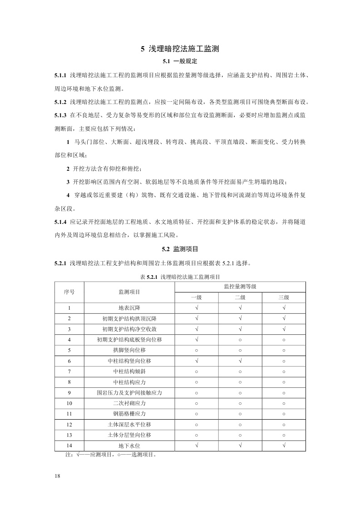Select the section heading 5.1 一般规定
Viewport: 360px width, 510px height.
(180, 61)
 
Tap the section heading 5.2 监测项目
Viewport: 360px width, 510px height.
(180, 249)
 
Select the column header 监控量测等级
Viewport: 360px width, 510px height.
(240, 287)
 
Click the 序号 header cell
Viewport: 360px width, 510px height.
(69, 292)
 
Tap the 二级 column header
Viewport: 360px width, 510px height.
(240, 297)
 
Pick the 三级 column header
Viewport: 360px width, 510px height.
(284, 297)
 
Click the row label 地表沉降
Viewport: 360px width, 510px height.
(129, 308)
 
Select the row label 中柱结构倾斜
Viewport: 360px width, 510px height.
(129, 371)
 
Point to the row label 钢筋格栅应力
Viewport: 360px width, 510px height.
(129, 414)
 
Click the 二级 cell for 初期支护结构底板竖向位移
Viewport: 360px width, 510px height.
(240, 340)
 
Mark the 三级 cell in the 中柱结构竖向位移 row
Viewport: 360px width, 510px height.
(284, 361)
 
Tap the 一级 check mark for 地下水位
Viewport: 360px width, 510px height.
(196, 446)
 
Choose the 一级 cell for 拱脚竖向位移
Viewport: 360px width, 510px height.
(196, 350)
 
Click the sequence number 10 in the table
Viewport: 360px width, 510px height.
(69, 403)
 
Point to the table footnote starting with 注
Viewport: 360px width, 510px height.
(111, 454)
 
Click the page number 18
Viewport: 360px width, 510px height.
(57, 475)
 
